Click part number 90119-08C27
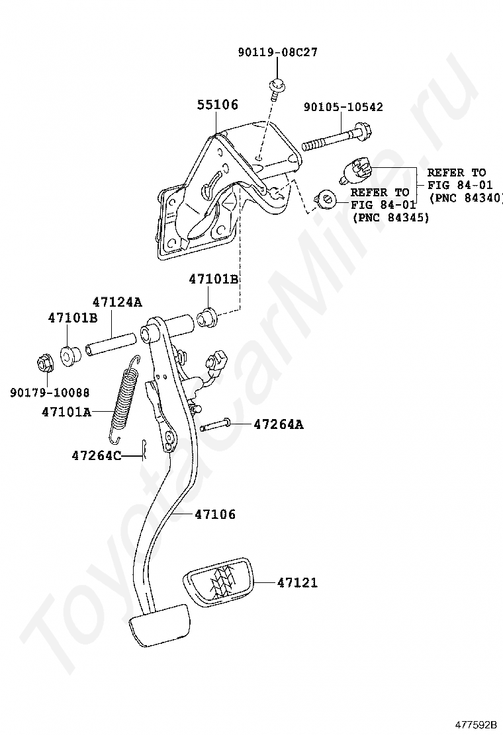pyautogui.click(x=278, y=52)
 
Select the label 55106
pyautogui.click(x=217, y=104)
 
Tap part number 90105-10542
pyautogui.click(x=343, y=107)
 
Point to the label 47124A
pyautogui.click(x=117, y=302)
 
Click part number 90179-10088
pyautogui.click(x=50, y=392)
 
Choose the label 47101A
pyautogui.click(x=66, y=412)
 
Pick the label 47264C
pyautogui.click(x=96, y=455)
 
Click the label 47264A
pyautogui.click(x=279, y=425)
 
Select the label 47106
pyautogui.click(x=215, y=515)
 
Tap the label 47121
pyautogui.click(x=297, y=583)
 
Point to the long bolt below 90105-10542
pyautogui.click(x=337, y=136)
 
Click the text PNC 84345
pyautogui.click(x=390, y=218)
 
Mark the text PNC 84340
pyautogui.click(x=465, y=198)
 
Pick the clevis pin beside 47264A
pyautogui.click(x=214, y=424)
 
